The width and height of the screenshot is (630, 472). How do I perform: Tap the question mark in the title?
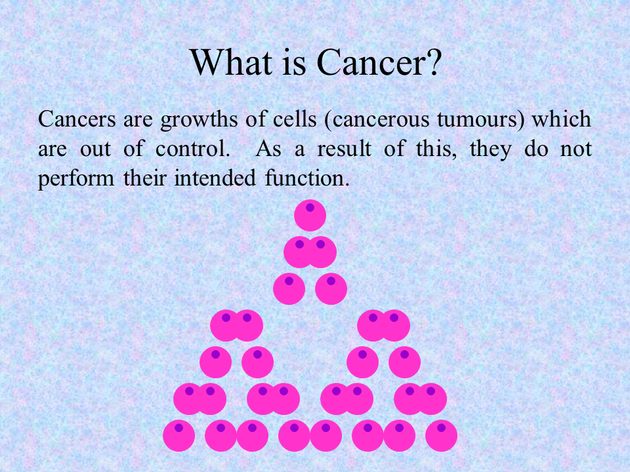click(x=434, y=62)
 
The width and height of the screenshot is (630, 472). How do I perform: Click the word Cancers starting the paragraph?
click(x=77, y=119)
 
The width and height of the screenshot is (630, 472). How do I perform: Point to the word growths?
click(x=199, y=120)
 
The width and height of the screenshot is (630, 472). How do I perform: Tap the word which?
click(x=562, y=119)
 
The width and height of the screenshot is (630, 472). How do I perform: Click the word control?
click(x=192, y=149)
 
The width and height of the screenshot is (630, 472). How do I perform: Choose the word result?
click(x=345, y=149)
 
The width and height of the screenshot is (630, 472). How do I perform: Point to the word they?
click(x=491, y=149)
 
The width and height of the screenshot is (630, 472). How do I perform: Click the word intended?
click(x=215, y=178)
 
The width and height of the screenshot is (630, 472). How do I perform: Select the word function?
click(x=307, y=178)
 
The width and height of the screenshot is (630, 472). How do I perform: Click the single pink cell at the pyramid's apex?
click(x=310, y=215)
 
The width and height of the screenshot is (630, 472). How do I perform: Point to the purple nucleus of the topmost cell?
click(x=310, y=208)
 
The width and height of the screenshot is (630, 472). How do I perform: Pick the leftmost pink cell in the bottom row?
click(x=178, y=435)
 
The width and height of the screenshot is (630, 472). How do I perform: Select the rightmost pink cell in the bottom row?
click(x=441, y=435)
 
